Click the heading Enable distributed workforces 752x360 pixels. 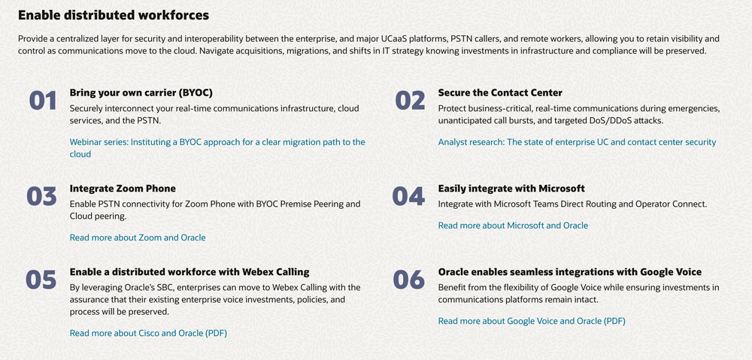(x=114, y=15)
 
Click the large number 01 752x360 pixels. (x=43, y=101)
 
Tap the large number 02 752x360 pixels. (x=410, y=101)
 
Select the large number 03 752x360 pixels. (x=41, y=197)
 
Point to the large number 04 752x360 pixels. (x=408, y=197)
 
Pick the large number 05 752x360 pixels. (x=41, y=280)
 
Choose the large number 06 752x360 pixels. (x=409, y=280)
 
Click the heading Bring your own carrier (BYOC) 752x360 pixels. (x=141, y=92)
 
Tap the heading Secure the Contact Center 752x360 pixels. (x=500, y=92)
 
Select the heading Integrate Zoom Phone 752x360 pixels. (x=123, y=189)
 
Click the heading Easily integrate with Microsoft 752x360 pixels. (x=511, y=189)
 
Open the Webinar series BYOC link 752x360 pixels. (x=217, y=148)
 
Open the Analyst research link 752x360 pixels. (x=577, y=142)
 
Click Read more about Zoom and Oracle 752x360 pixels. (x=138, y=237)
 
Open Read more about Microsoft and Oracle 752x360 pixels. (x=513, y=225)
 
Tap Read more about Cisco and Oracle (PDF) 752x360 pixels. (x=148, y=333)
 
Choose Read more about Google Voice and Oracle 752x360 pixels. (x=532, y=321)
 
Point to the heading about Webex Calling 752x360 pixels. (x=190, y=272)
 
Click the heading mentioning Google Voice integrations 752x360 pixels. (x=570, y=272)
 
